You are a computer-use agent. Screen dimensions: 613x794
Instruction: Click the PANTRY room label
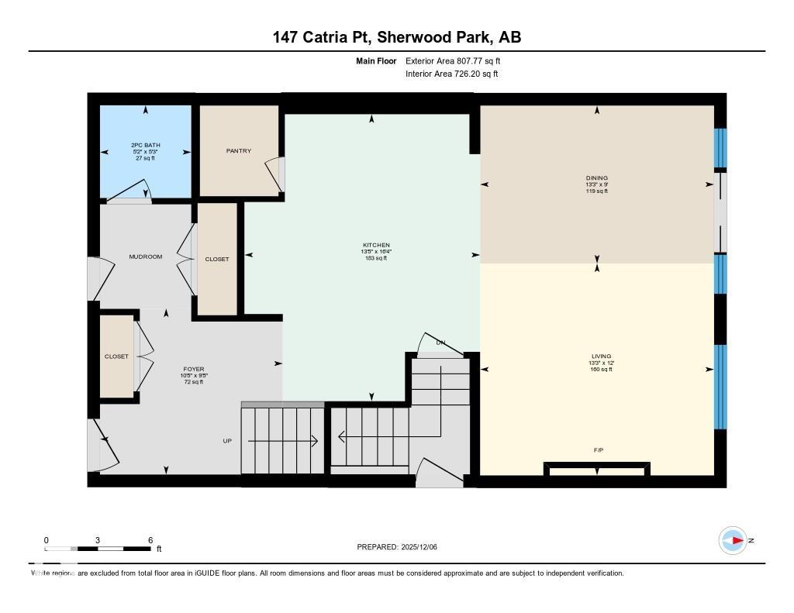(x=239, y=151)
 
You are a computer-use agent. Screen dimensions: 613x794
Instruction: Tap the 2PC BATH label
(x=146, y=145)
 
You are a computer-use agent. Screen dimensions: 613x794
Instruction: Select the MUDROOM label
(x=146, y=257)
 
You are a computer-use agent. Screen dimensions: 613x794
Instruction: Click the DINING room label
(x=597, y=178)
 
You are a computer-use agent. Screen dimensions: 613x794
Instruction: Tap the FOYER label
(x=194, y=369)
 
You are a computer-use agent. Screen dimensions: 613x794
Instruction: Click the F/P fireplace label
(x=597, y=449)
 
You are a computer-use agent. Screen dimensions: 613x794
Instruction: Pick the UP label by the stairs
(x=227, y=441)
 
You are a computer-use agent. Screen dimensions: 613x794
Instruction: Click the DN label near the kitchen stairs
(x=440, y=342)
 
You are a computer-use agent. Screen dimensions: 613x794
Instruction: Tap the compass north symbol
(x=733, y=540)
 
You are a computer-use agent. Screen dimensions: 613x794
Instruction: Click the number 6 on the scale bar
(x=150, y=540)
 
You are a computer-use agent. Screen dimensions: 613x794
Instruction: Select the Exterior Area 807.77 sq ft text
(x=458, y=60)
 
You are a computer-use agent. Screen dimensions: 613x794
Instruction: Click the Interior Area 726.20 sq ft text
(x=451, y=74)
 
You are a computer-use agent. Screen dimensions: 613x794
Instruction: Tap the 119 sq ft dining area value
(x=597, y=191)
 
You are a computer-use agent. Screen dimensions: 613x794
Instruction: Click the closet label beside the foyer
(x=117, y=356)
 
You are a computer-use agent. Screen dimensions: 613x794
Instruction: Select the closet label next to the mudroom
(x=217, y=260)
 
